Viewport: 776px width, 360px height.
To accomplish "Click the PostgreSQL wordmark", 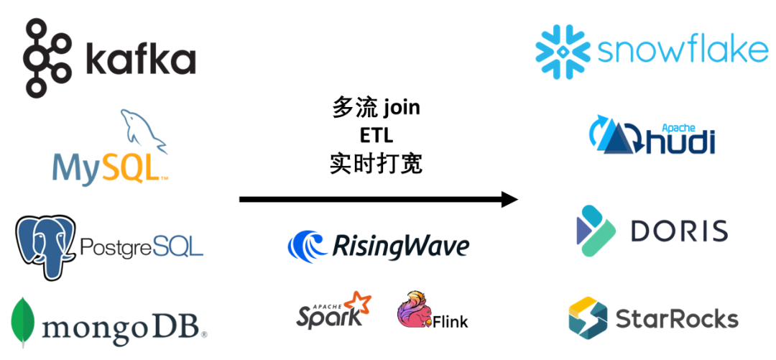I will [142, 247].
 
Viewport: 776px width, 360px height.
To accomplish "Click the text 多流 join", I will [376, 109].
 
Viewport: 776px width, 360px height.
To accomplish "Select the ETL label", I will [376, 137].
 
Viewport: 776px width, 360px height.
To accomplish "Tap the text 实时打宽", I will [376, 164].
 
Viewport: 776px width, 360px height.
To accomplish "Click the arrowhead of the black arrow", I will [509, 199].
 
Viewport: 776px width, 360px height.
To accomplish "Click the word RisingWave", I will [400, 246].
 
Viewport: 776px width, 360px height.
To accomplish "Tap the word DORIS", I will [679, 231].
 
